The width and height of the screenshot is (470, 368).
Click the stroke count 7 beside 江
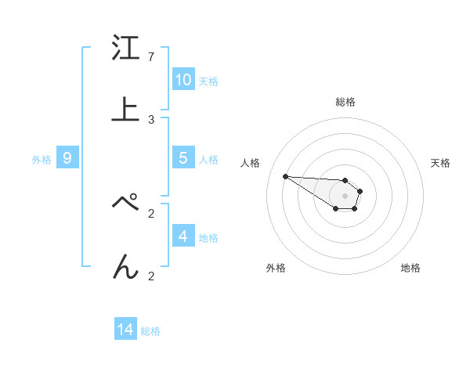pos(151,57)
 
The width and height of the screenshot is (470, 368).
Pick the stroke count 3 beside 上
pos(151,120)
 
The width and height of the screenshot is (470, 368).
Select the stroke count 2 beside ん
pos(151,276)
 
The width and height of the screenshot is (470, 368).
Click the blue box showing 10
pos(183,80)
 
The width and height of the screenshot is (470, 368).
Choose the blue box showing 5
pos(183,157)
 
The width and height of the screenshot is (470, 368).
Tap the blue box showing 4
pos(183,236)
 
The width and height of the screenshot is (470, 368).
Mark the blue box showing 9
pos(67,158)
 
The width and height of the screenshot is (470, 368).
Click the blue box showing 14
pos(125,330)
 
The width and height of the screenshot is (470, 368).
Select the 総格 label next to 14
pos(150,331)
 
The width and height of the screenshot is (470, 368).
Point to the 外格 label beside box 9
pos(42,160)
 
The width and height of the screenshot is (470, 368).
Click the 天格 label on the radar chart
pos(440,163)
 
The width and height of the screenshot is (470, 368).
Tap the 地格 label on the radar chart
pos(410,268)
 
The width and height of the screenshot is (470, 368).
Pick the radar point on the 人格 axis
pos(285,176)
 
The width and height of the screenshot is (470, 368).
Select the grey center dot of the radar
pos(345,196)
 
